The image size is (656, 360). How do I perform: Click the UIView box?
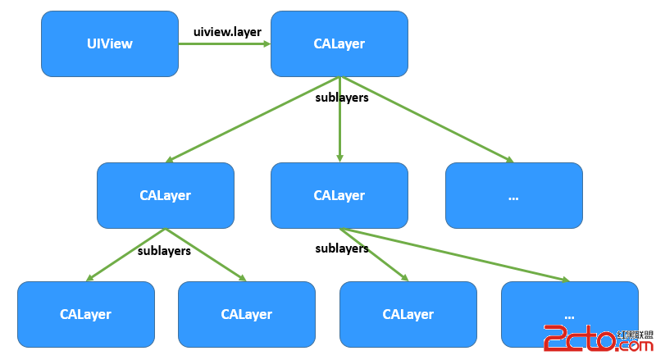click(x=109, y=43)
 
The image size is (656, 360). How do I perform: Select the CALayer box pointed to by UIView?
click(x=339, y=43)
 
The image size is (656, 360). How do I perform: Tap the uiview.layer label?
click(x=227, y=32)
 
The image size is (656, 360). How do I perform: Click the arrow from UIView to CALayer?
click(x=225, y=44)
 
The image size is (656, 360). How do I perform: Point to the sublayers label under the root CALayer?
click(x=342, y=98)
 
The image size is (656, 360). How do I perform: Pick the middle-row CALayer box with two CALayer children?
click(x=165, y=195)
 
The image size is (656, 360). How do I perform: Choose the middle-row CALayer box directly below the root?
click(x=339, y=195)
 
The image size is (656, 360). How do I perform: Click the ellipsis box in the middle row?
click(x=513, y=195)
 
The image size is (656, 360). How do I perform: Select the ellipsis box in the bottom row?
click(x=569, y=314)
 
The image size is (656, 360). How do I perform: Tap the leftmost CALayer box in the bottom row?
click(x=85, y=314)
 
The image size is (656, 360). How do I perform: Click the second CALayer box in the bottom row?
click(x=246, y=314)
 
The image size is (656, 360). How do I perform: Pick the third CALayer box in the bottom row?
click(x=408, y=314)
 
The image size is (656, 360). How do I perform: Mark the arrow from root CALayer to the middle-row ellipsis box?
click(x=426, y=120)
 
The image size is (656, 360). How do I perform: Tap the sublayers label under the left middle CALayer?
click(x=164, y=251)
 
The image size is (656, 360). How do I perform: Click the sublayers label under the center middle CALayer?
click(x=342, y=248)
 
